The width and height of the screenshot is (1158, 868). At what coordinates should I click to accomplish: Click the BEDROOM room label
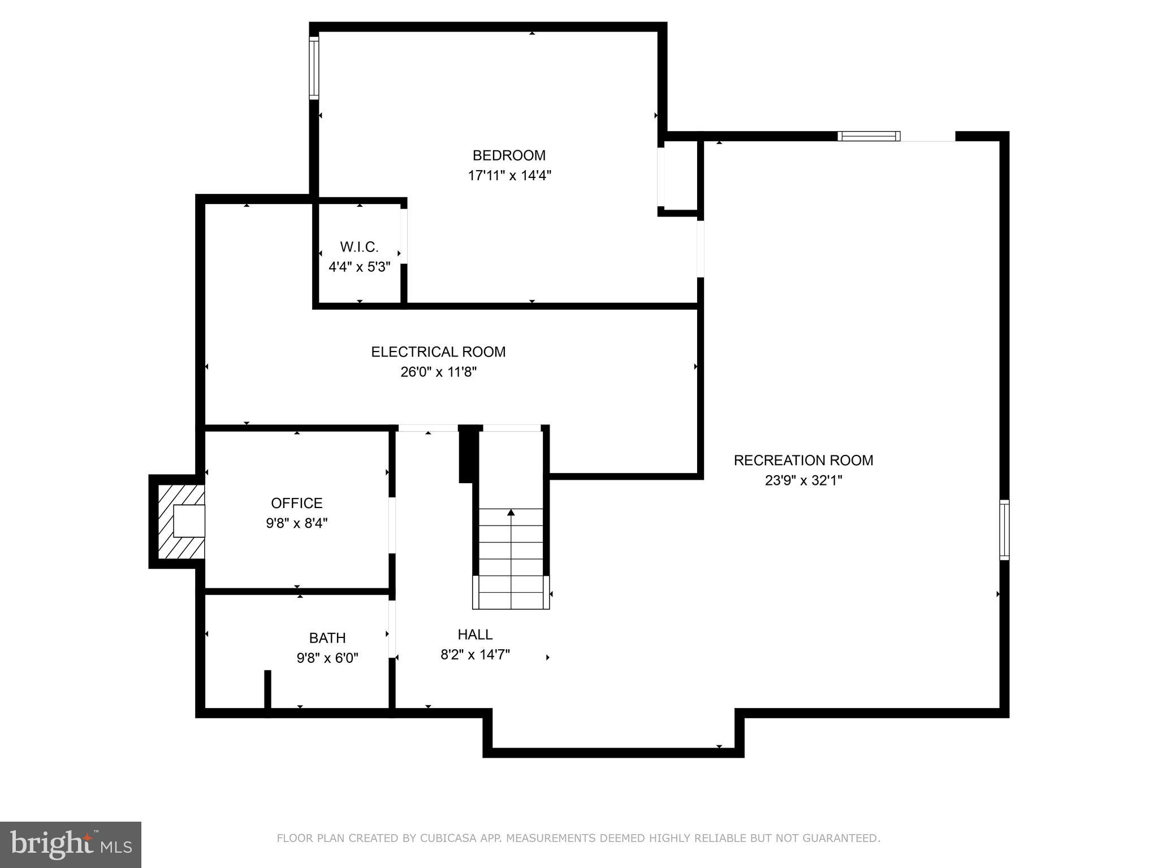click(509, 155)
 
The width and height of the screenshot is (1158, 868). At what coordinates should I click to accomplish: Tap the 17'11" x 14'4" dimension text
click(509, 176)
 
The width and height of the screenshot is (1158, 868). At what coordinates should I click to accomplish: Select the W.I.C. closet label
click(359, 247)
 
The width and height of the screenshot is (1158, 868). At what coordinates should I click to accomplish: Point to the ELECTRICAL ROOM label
click(438, 352)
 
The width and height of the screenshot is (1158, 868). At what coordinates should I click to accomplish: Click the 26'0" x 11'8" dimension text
click(438, 372)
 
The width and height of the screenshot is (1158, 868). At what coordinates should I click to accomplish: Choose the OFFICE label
click(296, 503)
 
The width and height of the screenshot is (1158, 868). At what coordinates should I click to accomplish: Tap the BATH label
click(327, 638)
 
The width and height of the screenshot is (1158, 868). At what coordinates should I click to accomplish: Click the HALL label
click(475, 635)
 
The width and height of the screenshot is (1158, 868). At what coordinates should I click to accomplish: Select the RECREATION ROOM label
click(803, 461)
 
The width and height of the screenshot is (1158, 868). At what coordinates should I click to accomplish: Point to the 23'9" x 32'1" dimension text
click(803, 481)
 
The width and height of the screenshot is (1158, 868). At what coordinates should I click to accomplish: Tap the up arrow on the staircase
click(511, 513)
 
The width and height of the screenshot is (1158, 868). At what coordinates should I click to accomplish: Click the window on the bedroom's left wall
click(314, 68)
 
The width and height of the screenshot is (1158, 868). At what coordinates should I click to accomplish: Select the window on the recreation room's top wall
click(868, 136)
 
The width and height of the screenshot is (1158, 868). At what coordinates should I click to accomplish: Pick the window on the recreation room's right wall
click(1004, 530)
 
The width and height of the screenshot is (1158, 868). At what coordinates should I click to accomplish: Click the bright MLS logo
click(71, 844)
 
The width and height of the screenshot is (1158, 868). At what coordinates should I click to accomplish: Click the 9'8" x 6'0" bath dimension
click(327, 658)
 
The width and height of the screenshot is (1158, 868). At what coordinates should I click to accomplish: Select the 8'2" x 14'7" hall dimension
click(475, 655)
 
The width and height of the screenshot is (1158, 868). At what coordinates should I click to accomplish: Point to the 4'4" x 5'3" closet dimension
click(359, 267)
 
